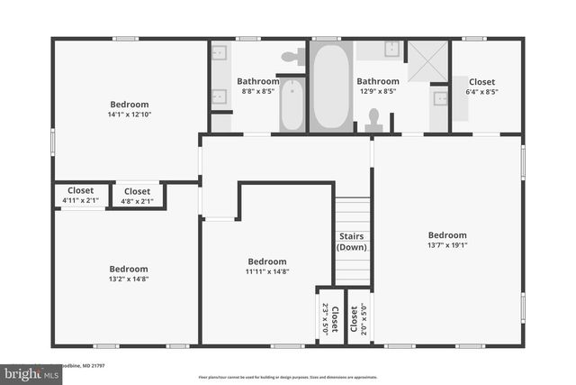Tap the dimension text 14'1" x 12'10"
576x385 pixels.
[x=129, y=115]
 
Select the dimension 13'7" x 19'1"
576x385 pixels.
[x=447, y=244]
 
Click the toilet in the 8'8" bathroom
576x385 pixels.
[x=290, y=57]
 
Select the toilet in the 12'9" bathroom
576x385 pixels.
[x=374, y=119]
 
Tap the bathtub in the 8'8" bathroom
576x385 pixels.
[x=292, y=105]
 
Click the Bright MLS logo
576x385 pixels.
[x=27, y=372]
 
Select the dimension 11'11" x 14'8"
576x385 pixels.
[x=267, y=271]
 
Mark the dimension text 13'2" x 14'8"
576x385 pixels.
[x=129, y=280]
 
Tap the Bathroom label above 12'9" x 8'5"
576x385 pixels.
[x=377, y=81]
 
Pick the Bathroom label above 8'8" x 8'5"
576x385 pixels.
[x=258, y=81]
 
